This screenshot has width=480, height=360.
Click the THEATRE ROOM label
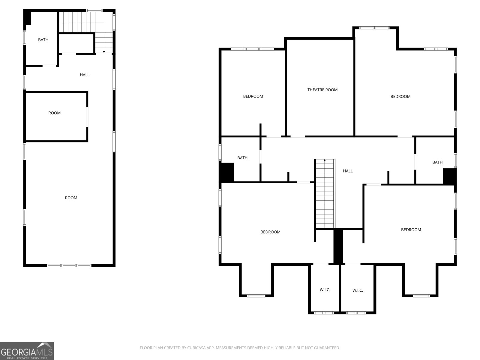pyautogui.click(x=322, y=90)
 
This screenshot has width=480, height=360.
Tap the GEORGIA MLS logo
pyautogui.click(x=27, y=351)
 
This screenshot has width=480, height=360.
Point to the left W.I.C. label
pyautogui.click(x=325, y=290)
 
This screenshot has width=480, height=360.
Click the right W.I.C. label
pyautogui.click(x=358, y=290)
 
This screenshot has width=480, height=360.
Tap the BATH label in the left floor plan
pyautogui.click(x=43, y=40)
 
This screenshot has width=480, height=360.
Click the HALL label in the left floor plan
pyautogui.click(x=85, y=75)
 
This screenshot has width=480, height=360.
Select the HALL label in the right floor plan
pyautogui.click(x=348, y=171)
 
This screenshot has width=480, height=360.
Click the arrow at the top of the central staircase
pyautogui.click(x=325, y=160)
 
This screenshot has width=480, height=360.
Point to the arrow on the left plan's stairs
pyautogui.click(x=104, y=52)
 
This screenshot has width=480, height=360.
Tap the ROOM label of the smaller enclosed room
pyautogui.click(x=55, y=113)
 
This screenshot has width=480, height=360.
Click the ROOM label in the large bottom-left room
pyautogui.click(x=71, y=198)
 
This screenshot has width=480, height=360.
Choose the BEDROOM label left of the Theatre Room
pyautogui.click(x=253, y=96)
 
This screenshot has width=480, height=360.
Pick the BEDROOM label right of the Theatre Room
pyautogui.click(x=400, y=97)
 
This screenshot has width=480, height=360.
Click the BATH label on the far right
pyautogui.click(x=437, y=162)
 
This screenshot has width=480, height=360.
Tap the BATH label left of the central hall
pyautogui.click(x=242, y=158)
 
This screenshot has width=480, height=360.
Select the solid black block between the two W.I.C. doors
pyautogui.click(x=338, y=246)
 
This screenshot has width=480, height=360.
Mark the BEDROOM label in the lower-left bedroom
pyautogui.click(x=270, y=232)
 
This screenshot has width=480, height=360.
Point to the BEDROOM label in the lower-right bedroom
pyautogui.click(x=411, y=230)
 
